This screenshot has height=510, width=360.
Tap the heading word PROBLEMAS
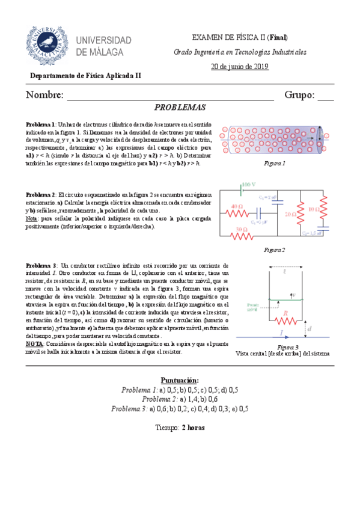[180, 108]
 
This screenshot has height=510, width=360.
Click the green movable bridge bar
[287, 300]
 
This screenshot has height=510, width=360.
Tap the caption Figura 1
[274, 164]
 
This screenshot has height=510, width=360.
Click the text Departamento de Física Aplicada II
[86, 76]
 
